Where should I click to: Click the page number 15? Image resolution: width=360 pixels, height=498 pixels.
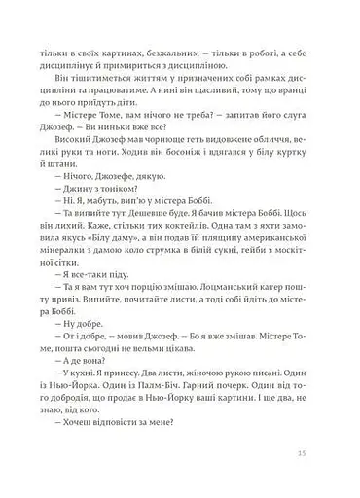pyautogui.click(x=305, y=452)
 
